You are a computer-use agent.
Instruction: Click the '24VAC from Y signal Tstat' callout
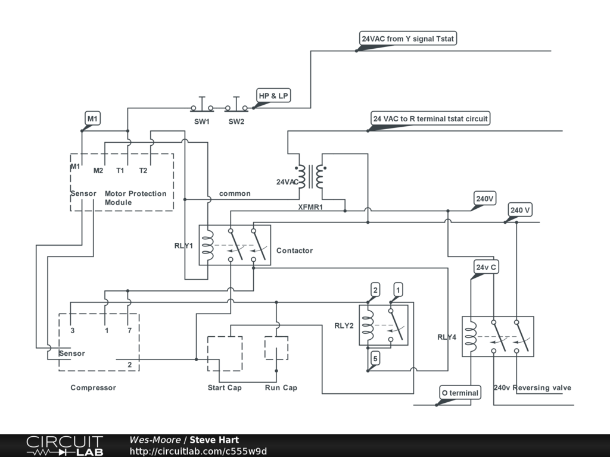[x=407, y=39]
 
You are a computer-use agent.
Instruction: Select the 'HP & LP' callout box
[x=273, y=96]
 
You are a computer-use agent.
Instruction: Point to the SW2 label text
[x=236, y=121]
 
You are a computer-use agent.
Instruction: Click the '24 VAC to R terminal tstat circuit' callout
[x=430, y=118]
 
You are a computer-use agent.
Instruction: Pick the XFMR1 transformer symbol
[x=310, y=177]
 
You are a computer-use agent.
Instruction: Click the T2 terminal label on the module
[x=143, y=171]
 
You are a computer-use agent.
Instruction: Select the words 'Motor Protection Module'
[x=135, y=198]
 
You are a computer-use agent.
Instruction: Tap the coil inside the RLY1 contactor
[x=208, y=245]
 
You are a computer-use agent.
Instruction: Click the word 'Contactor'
[x=294, y=251]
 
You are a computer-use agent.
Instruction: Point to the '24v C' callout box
[x=486, y=267]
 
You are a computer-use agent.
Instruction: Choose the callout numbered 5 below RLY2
[x=375, y=358]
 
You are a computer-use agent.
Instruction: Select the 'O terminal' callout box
[x=460, y=393]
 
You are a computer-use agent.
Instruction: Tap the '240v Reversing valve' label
[x=532, y=387]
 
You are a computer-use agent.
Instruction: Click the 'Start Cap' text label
[x=225, y=387]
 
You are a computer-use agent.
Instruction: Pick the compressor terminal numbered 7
[x=129, y=331]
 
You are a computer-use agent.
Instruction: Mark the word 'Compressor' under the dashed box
[x=93, y=387]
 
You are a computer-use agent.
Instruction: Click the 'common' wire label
[x=235, y=193]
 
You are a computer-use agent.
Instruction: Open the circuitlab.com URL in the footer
[x=198, y=451]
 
